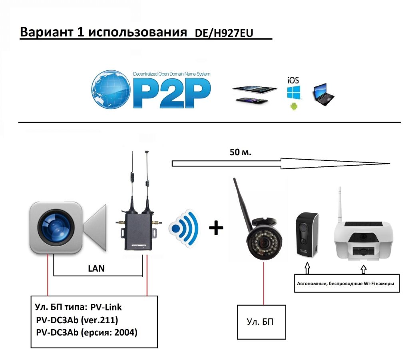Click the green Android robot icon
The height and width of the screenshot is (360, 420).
coord(294,106)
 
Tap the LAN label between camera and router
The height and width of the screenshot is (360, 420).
coord(96,268)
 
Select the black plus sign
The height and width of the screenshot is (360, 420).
coord(216,228)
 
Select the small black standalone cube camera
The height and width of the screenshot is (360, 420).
coord(307,234)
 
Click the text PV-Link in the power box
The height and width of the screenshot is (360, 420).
coord(106,308)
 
